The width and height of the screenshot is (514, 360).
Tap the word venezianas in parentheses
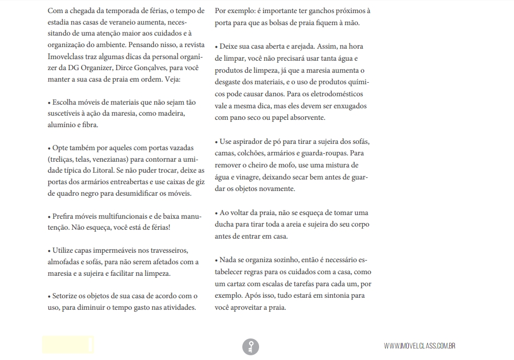128,159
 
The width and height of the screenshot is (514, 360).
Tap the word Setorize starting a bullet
66,296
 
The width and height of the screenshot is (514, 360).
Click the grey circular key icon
250,346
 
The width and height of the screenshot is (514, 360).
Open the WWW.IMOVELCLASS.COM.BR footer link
419,346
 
